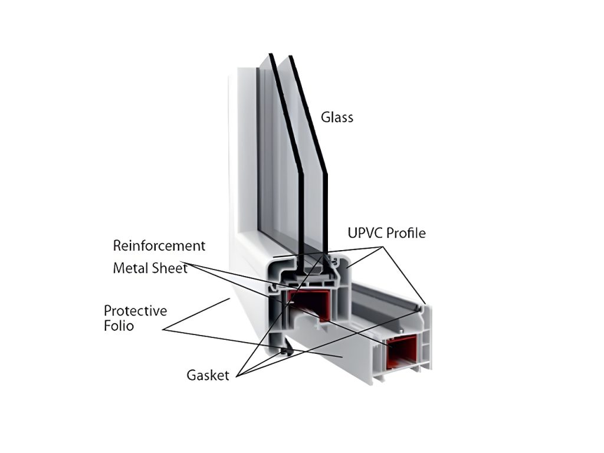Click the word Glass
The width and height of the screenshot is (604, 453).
point(337,117)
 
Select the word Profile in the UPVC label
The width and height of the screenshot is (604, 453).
point(406,233)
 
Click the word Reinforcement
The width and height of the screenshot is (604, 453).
point(159,245)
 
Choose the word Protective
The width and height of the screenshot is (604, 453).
point(135,311)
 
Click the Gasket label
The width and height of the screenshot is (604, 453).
point(208,375)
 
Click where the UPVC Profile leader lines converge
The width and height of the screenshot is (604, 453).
point(384,245)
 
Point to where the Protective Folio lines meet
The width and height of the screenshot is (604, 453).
point(163,330)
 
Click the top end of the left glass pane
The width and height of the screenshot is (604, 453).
point(271,55)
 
